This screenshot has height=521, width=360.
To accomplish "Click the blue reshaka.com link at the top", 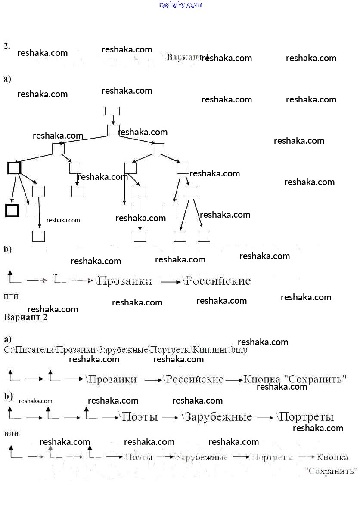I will (x=180, y=5).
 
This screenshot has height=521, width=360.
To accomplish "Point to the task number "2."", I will (x=7, y=46).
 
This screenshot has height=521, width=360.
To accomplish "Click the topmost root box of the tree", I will (x=112, y=111).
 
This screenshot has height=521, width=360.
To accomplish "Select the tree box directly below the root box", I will (x=113, y=130).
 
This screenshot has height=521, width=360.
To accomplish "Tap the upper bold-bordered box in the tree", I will (x=14, y=167).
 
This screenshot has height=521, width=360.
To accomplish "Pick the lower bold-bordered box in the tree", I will (x=12, y=210).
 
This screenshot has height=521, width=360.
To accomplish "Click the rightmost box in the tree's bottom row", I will (x=204, y=236).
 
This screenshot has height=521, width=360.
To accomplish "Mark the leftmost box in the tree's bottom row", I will (x=39, y=236).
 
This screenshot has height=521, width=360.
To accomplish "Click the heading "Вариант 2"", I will (x=25, y=318).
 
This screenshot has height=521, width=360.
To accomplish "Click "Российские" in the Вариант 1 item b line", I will (x=218, y=281).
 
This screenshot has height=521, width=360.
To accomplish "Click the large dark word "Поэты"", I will (x=140, y=417).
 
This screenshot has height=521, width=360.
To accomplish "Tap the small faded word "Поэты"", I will (x=139, y=457).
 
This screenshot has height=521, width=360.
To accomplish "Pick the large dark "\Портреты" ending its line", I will (x=306, y=417).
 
